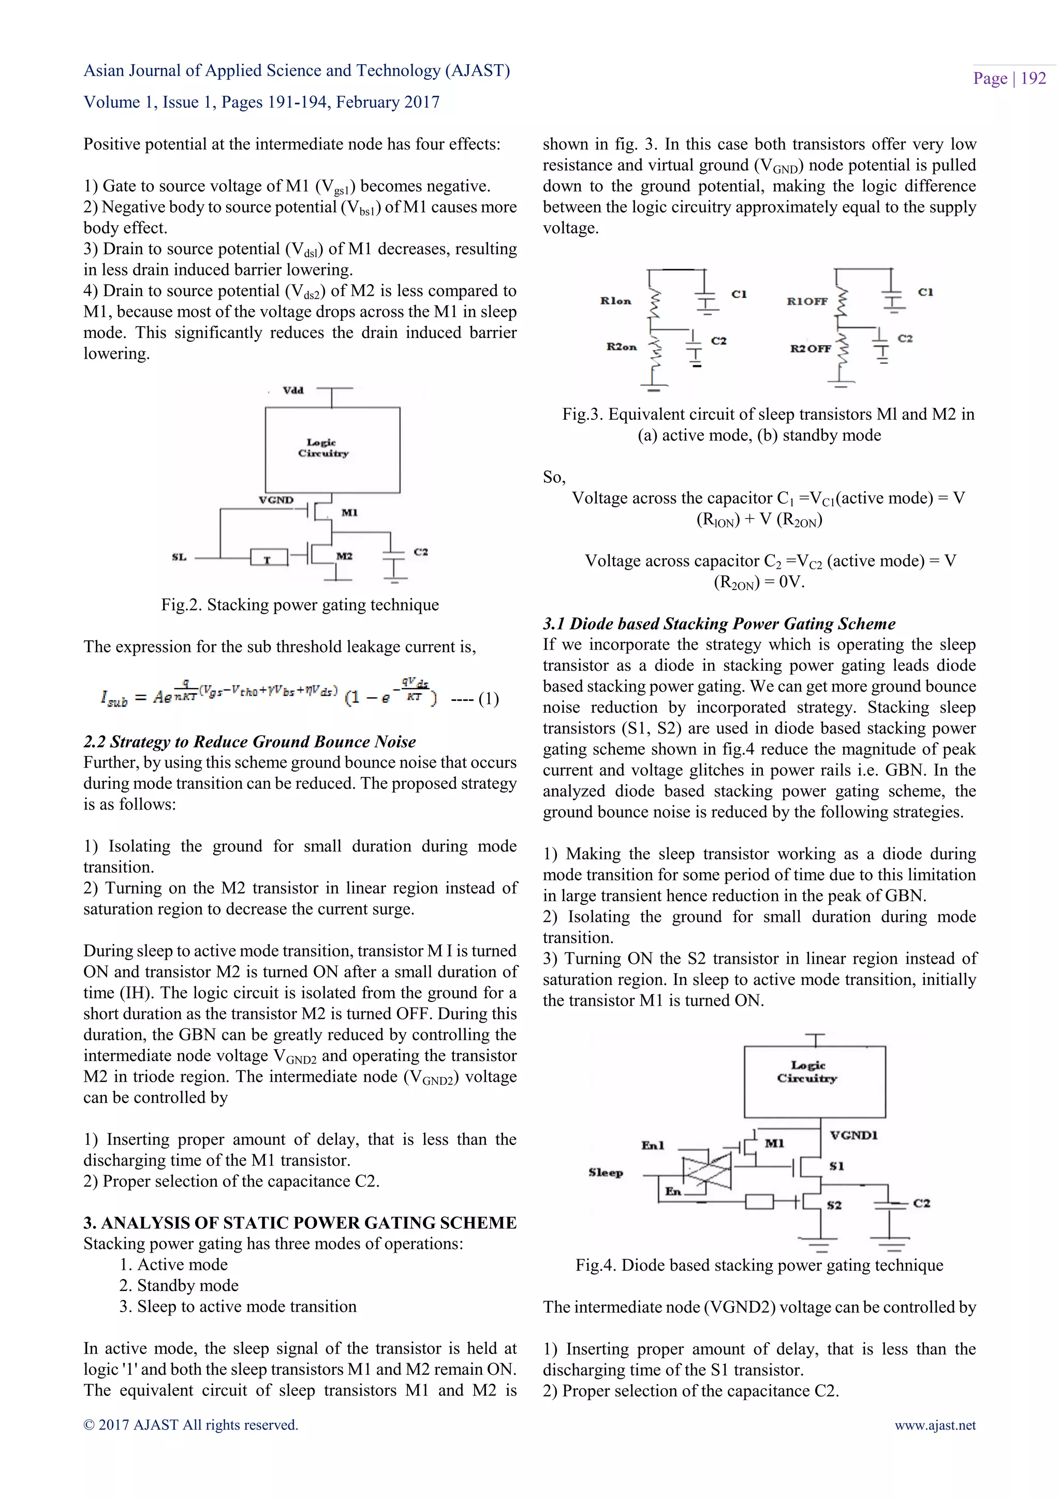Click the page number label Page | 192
coord(1009,78)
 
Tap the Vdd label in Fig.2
coord(293,390)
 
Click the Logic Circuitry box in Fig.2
coord(332,450)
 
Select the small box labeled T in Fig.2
coord(268,557)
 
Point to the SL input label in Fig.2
coord(179,557)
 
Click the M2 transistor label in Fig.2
coord(345,556)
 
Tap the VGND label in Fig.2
coord(276,500)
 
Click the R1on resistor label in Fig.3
coord(615,301)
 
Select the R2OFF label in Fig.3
coord(810,349)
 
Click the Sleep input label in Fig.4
coord(606,1172)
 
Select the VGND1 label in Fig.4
coord(853,1135)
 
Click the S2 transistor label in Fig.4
coord(834,1205)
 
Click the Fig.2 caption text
coord(300,605)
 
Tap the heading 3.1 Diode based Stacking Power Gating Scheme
coord(718,624)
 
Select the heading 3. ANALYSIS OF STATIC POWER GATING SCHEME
coord(300,1222)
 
